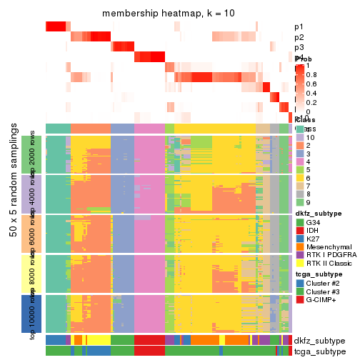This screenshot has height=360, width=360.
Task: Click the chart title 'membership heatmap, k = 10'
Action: pos(168,14)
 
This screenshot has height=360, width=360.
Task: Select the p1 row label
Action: pos(299,27)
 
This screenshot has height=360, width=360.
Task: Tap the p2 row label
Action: pos(299,37)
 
